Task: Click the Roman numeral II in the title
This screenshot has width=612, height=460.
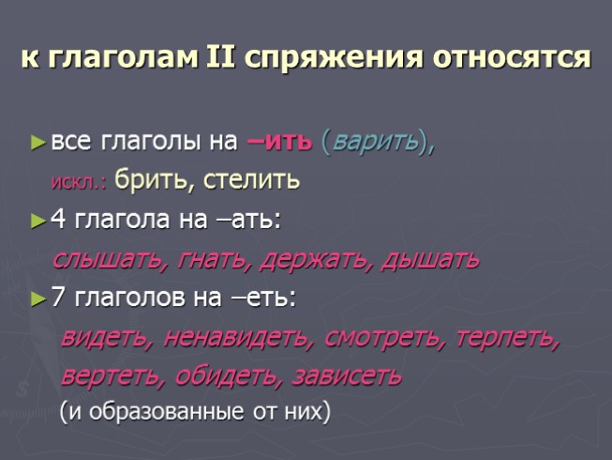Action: coord(218,57)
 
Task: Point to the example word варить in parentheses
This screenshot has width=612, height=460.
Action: coord(374,143)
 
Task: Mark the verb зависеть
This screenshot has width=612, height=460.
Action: coord(347,376)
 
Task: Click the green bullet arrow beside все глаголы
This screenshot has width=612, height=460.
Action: coord(37,143)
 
